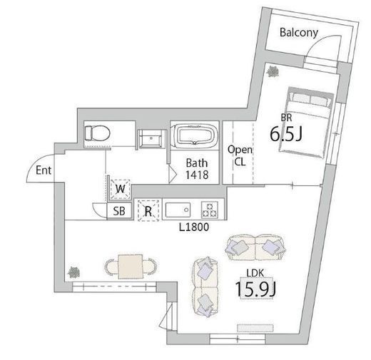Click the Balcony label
click(x=299, y=33)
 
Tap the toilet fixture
click(x=97, y=133)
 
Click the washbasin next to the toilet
click(x=151, y=139)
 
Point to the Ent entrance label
click(x=44, y=170)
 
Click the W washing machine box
click(x=121, y=190)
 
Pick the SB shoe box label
click(x=119, y=211)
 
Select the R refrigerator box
click(x=148, y=211)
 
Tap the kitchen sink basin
click(x=178, y=210)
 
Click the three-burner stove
click(x=210, y=210)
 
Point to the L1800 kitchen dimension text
click(x=194, y=227)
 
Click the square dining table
click(x=131, y=267)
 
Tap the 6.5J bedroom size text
click(x=286, y=134)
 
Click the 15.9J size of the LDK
click(x=255, y=289)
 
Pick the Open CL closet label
click(x=240, y=155)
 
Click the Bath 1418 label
click(x=197, y=169)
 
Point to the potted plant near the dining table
click(x=73, y=272)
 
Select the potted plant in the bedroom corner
click(x=273, y=71)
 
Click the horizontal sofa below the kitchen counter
click(x=255, y=247)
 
